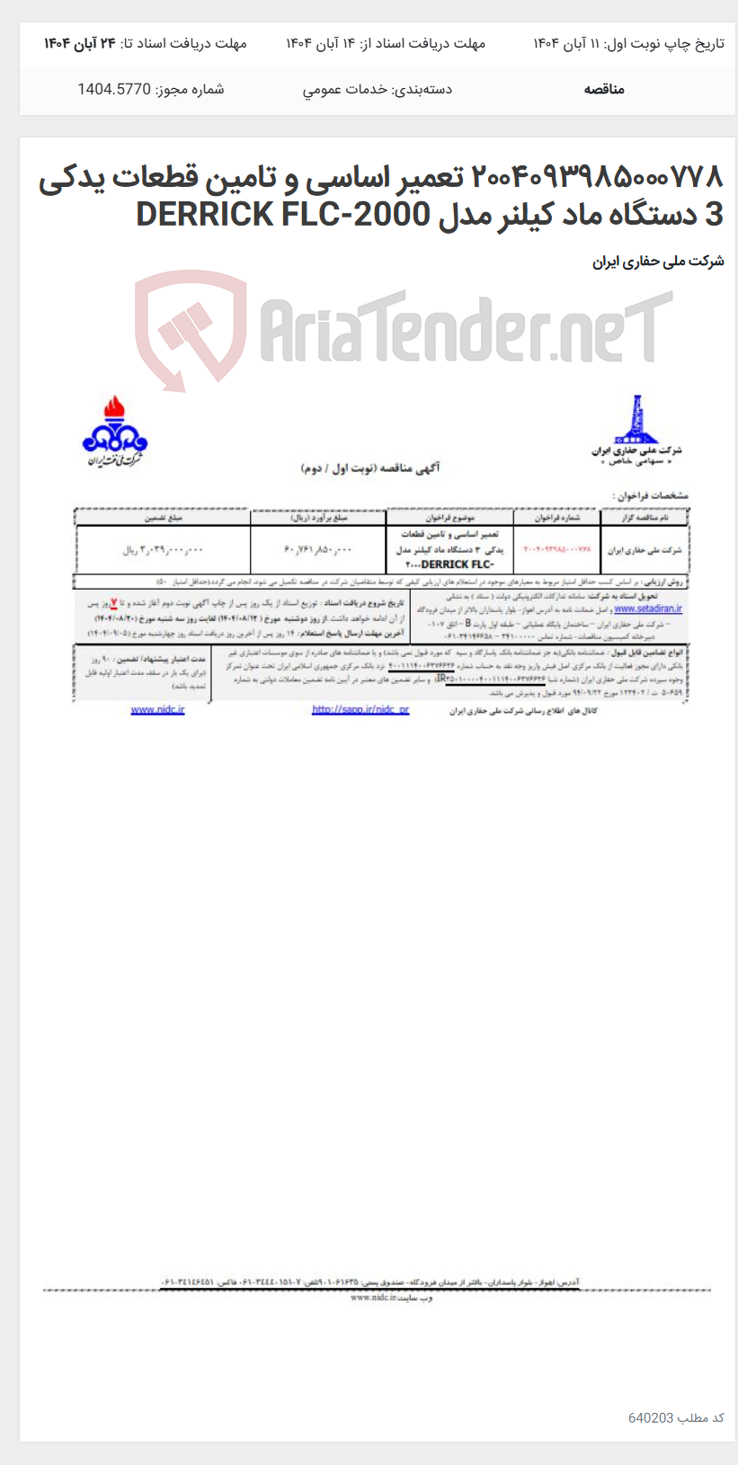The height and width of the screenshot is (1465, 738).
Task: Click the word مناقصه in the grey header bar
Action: [x=603, y=89]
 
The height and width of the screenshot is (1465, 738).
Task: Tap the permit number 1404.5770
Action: [x=113, y=89]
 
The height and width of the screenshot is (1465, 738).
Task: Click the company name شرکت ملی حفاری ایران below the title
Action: [x=658, y=262]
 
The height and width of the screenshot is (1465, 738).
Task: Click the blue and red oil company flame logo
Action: [x=115, y=431]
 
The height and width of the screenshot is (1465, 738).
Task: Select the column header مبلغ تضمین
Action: [x=163, y=517]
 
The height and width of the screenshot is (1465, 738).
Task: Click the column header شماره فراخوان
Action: [x=557, y=517]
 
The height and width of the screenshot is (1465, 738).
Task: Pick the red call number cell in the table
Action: [x=557, y=548]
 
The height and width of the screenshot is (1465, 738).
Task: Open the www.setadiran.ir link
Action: [x=647, y=608]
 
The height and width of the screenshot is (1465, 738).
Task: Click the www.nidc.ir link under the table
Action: [x=157, y=710]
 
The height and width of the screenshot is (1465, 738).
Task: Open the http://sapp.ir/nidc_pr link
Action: [x=360, y=710]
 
